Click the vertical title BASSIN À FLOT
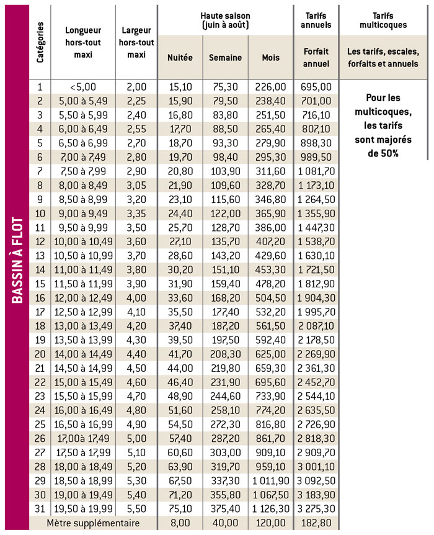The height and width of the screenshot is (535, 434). [17, 260]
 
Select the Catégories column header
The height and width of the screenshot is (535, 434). [40, 42]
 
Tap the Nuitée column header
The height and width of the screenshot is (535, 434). [180, 58]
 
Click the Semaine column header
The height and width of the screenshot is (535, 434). [225, 58]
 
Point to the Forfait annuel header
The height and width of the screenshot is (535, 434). [316, 58]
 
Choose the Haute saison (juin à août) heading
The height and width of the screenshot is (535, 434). [225, 20]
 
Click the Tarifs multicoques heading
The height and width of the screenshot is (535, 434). [383, 20]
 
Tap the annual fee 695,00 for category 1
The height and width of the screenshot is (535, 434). [316, 87]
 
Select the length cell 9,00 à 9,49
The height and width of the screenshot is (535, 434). [83, 214]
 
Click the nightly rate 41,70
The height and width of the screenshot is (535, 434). [180, 354]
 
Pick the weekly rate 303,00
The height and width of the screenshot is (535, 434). [225, 452]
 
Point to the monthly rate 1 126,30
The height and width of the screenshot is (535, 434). [271, 509]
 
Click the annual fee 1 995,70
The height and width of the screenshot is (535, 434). [316, 312]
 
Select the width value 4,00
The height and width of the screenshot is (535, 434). [136, 298]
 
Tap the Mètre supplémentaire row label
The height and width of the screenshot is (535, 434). [93, 523]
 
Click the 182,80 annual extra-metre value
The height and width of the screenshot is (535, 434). [316, 523]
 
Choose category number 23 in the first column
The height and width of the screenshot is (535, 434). [40, 396]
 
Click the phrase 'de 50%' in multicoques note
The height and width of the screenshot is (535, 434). [383, 153]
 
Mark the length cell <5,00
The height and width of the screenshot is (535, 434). [83, 87]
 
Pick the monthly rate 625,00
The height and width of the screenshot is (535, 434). [271, 354]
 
